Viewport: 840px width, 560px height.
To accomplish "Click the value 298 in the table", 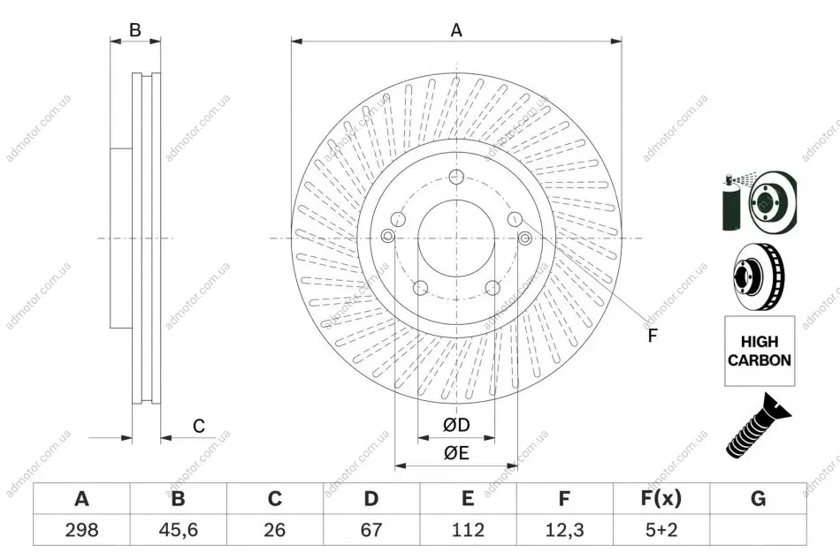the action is click(81, 529).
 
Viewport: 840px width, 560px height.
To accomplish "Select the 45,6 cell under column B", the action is click(178, 529).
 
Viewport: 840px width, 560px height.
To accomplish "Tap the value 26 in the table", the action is click(274, 529).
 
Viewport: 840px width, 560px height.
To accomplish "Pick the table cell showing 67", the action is click(370, 529).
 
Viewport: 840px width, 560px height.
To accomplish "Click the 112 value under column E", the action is click(468, 529).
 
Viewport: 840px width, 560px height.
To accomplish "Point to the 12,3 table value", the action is click(564, 529).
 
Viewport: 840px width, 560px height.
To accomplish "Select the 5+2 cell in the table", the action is click(661, 529).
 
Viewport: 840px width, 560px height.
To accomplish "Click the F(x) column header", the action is click(661, 498).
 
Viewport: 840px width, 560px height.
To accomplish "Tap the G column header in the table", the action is click(758, 498).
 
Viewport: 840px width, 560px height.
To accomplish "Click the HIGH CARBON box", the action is click(760, 351).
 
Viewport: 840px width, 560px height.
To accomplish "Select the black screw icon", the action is click(758, 426).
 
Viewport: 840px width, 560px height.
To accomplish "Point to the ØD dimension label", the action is click(456, 425).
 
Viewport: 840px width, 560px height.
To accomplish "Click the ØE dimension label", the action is click(456, 453).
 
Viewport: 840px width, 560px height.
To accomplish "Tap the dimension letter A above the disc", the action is click(456, 31).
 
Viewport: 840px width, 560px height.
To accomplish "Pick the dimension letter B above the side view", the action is click(135, 30).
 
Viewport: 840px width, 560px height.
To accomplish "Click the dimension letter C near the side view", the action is click(199, 426).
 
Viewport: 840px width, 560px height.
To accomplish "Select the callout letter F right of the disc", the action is click(652, 336).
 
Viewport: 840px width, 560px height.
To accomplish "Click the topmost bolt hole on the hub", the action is click(456, 176).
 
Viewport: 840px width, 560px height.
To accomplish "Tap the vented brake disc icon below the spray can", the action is click(758, 277).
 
